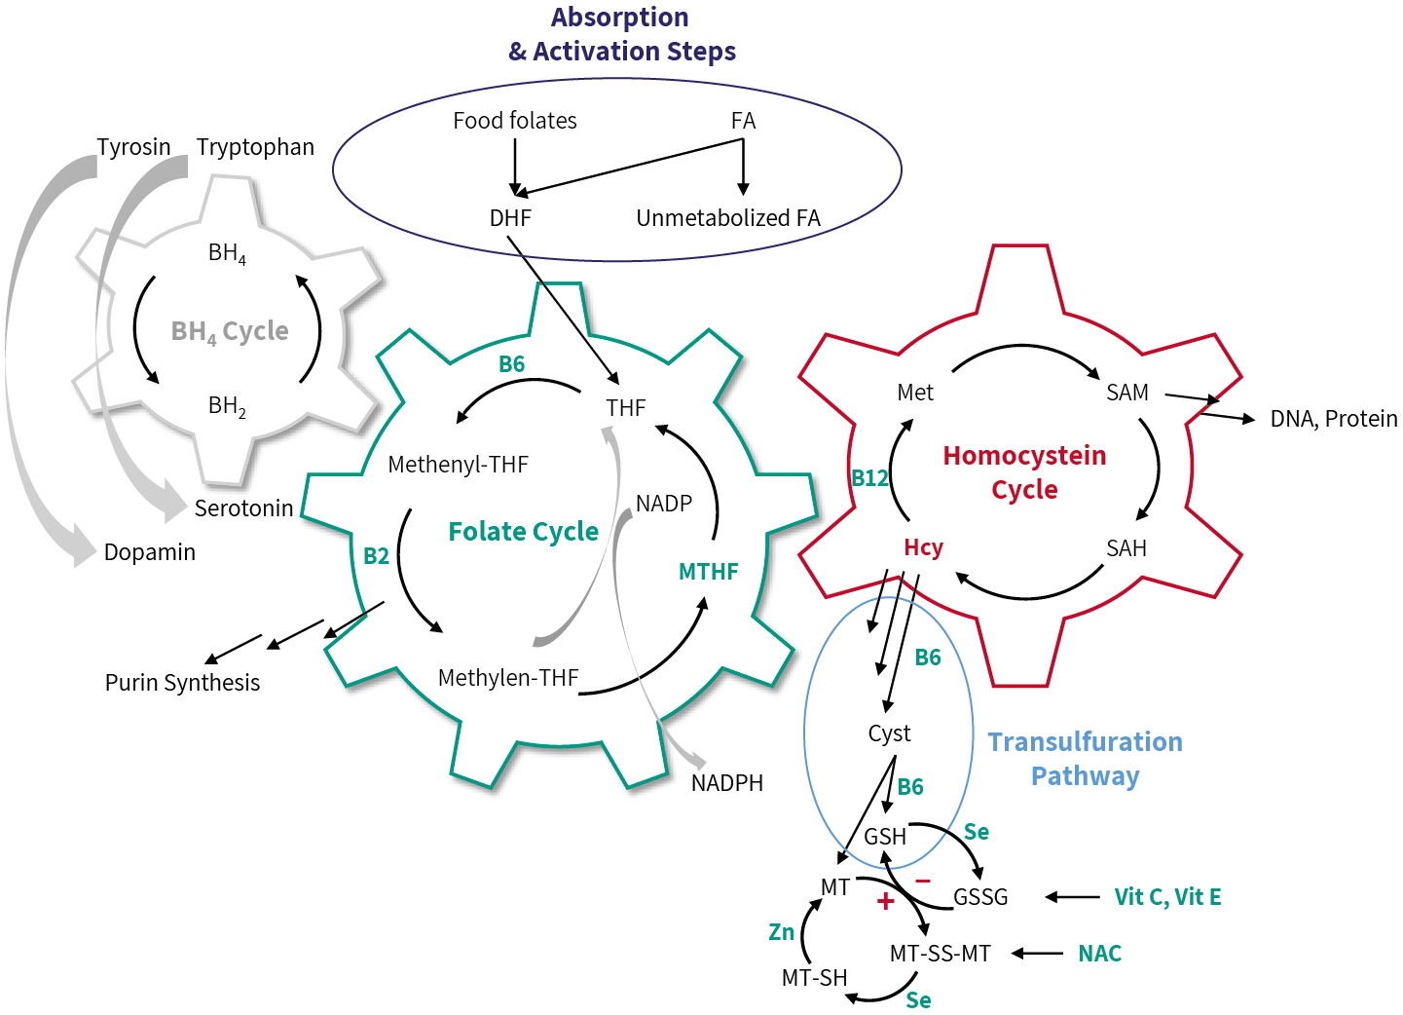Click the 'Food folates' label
point(514,121)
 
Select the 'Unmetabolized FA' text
point(727,218)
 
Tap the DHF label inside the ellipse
point(510,218)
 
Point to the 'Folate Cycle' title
point(523,532)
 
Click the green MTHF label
point(708,572)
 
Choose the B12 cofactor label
point(869,478)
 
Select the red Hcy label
point(923,547)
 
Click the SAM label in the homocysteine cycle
point(1126,393)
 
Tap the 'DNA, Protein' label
point(1333,419)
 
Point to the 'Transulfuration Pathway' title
point(1085,759)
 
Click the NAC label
point(1099,954)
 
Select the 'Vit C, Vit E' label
point(1167,897)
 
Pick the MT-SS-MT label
point(940,954)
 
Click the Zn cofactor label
point(781,932)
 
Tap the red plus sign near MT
point(885,902)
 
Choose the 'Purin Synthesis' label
point(182,683)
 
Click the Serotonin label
point(243,508)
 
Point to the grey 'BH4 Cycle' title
point(230,332)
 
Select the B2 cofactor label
point(376,556)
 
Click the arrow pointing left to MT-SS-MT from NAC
point(1038,954)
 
